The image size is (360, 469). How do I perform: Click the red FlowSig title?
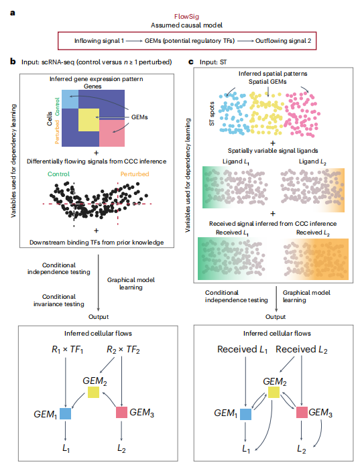186,17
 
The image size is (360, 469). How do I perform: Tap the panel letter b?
13,62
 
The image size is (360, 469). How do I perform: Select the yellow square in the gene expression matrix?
88,120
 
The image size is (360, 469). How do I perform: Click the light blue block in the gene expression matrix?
70,98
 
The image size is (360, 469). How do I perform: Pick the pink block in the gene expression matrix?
112,133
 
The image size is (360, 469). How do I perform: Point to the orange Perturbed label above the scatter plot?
135,174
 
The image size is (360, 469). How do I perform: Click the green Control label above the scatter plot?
58,174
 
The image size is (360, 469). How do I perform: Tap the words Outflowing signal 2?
283,41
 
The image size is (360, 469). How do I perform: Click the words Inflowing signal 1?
99,41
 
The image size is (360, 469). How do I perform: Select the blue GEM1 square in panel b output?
65,413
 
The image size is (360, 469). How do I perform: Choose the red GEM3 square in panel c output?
302,412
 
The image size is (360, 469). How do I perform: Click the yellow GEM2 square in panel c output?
274,392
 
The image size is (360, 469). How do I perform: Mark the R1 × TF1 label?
67,350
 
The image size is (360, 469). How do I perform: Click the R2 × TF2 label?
123,350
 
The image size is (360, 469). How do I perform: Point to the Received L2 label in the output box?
302,349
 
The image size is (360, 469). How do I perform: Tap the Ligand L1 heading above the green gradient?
236,162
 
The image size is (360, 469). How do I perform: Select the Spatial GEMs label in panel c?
267,82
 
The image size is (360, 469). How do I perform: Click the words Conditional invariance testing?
58,300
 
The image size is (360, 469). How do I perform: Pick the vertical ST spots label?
212,114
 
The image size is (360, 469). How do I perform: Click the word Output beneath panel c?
276,317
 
